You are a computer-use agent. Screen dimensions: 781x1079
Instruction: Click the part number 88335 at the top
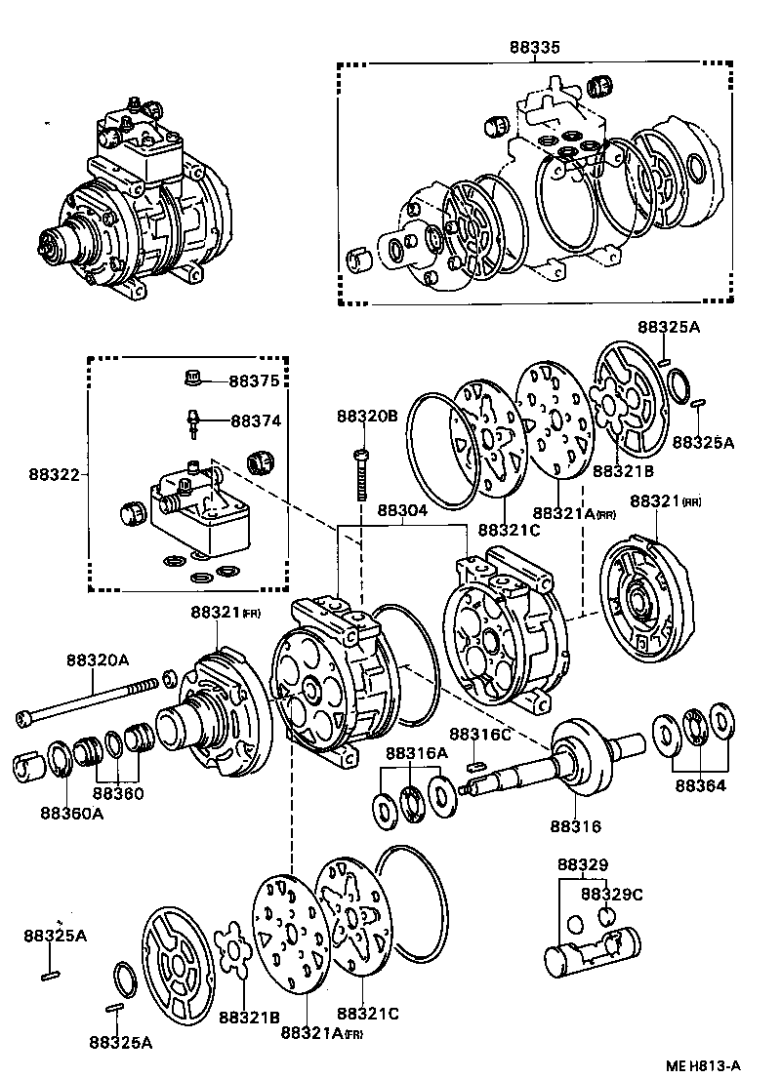(x=534, y=47)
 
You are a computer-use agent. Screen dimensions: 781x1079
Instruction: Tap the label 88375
(x=255, y=380)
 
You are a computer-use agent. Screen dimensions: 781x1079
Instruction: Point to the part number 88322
(x=54, y=474)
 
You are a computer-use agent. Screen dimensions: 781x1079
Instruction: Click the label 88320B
(x=367, y=416)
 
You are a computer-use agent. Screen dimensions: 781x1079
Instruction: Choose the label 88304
(x=402, y=510)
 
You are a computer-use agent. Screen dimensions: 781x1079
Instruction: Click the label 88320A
(x=97, y=659)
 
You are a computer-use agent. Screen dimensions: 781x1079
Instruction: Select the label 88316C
(x=480, y=735)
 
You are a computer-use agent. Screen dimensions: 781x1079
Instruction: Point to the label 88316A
(x=416, y=753)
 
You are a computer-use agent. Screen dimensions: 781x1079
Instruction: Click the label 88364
(x=700, y=785)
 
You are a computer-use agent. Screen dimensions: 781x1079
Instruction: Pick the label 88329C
(x=611, y=894)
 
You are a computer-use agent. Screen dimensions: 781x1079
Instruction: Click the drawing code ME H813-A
(x=703, y=1066)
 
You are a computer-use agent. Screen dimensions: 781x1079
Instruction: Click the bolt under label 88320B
(x=362, y=475)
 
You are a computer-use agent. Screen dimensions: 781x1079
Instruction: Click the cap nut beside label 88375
(x=193, y=378)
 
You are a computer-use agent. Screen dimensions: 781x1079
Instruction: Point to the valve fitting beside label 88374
(x=193, y=422)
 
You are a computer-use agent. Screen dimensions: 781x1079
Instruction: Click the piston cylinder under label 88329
(x=592, y=952)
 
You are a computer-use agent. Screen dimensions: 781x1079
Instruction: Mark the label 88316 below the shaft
(x=575, y=825)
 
